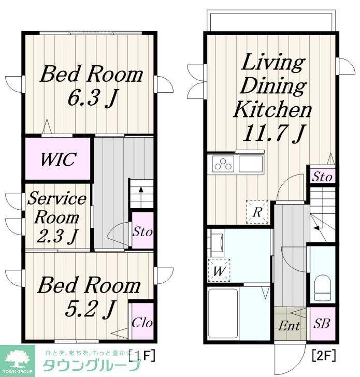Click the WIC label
(x=59, y=159)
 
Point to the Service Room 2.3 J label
(x=57, y=217)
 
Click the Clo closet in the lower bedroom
(x=142, y=321)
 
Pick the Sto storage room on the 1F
(x=142, y=231)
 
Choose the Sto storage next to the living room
(x=322, y=176)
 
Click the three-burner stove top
(x=223, y=164)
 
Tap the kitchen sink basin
(x=251, y=164)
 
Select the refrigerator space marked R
(x=257, y=212)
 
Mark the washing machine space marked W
(x=219, y=270)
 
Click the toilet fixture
(x=322, y=286)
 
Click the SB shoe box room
(x=322, y=323)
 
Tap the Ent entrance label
(x=289, y=326)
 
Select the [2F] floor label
(x=323, y=356)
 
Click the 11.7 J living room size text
(x=273, y=133)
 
